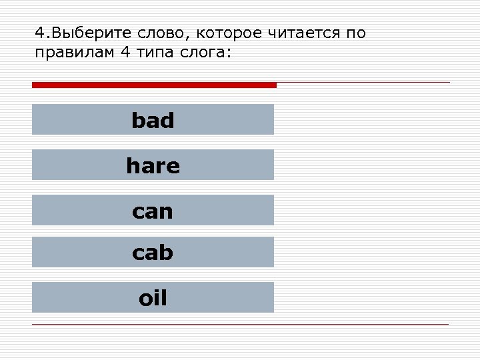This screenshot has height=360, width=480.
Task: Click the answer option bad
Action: (x=153, y=120)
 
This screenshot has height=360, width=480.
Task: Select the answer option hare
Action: (x=153, y=165)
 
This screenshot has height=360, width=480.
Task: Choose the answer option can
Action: (x=153, y=211)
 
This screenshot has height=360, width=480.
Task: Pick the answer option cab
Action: (x=153, y=252)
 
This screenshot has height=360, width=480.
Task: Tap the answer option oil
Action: (x=153, y=297)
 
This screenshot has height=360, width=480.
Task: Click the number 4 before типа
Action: (x=126, y=53)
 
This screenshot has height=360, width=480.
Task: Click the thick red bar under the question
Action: (x=154, y=85)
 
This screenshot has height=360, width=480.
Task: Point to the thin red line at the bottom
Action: (x=240, y=324)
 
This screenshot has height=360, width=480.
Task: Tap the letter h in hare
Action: (x=132, y=165)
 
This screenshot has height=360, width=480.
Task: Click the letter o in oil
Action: (x=145, y=298)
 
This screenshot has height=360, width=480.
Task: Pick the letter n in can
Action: (x=167, y=212)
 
